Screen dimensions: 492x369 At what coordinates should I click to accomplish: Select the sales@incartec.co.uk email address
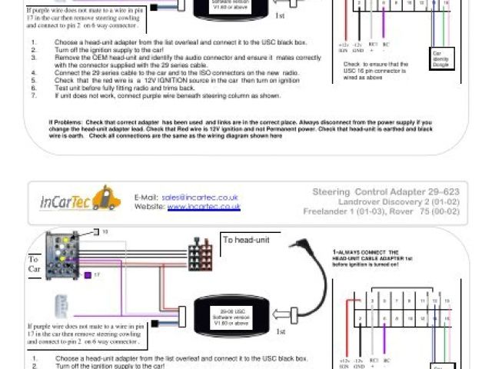coord(200,197)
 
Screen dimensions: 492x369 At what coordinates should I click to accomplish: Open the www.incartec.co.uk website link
coord(204,207)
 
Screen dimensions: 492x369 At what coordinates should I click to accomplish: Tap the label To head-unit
coord(244,240)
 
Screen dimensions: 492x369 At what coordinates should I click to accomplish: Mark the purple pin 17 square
coord(88,274)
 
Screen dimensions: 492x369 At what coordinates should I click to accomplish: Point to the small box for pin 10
coord(97,231)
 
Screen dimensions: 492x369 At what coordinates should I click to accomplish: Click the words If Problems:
coord(66,121)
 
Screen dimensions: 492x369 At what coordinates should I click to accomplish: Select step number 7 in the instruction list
coord(34,98)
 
